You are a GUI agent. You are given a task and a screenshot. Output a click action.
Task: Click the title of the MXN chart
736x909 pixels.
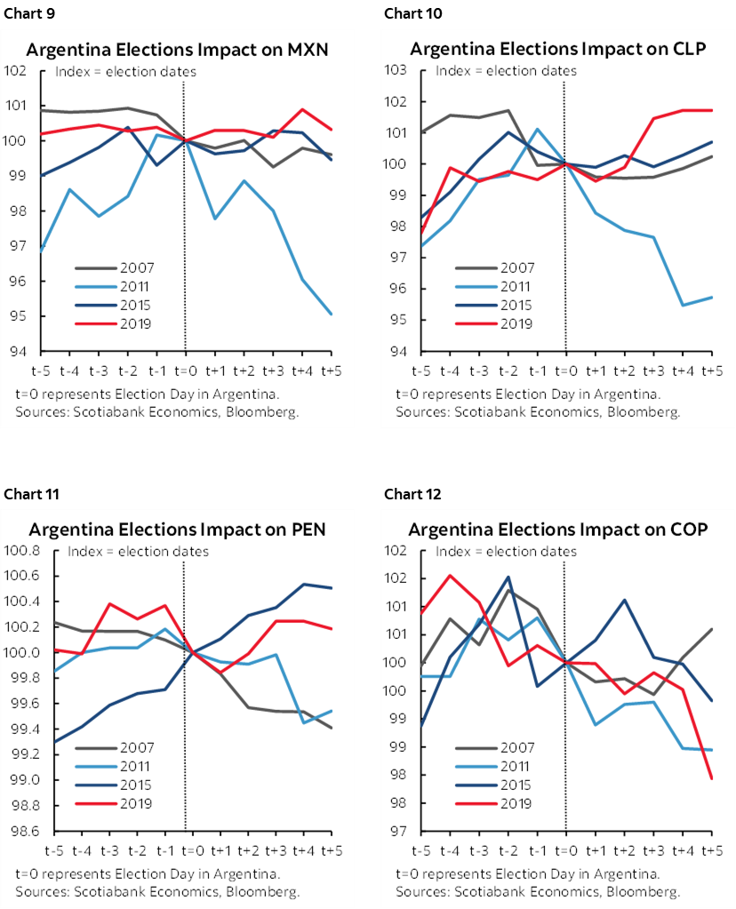[177, 50]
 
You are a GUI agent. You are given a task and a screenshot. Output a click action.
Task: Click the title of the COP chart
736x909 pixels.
[558, 530]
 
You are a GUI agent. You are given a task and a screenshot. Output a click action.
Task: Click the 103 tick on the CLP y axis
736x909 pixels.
[396, 70]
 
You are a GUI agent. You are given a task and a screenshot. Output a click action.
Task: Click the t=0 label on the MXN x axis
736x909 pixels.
[185, 369]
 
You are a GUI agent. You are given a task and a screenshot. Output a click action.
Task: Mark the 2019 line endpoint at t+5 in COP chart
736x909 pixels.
[711, 778]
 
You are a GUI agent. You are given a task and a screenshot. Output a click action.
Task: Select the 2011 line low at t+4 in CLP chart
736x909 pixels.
[683, 305]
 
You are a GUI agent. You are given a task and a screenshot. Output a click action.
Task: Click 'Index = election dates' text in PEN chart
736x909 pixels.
[133, 552]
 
